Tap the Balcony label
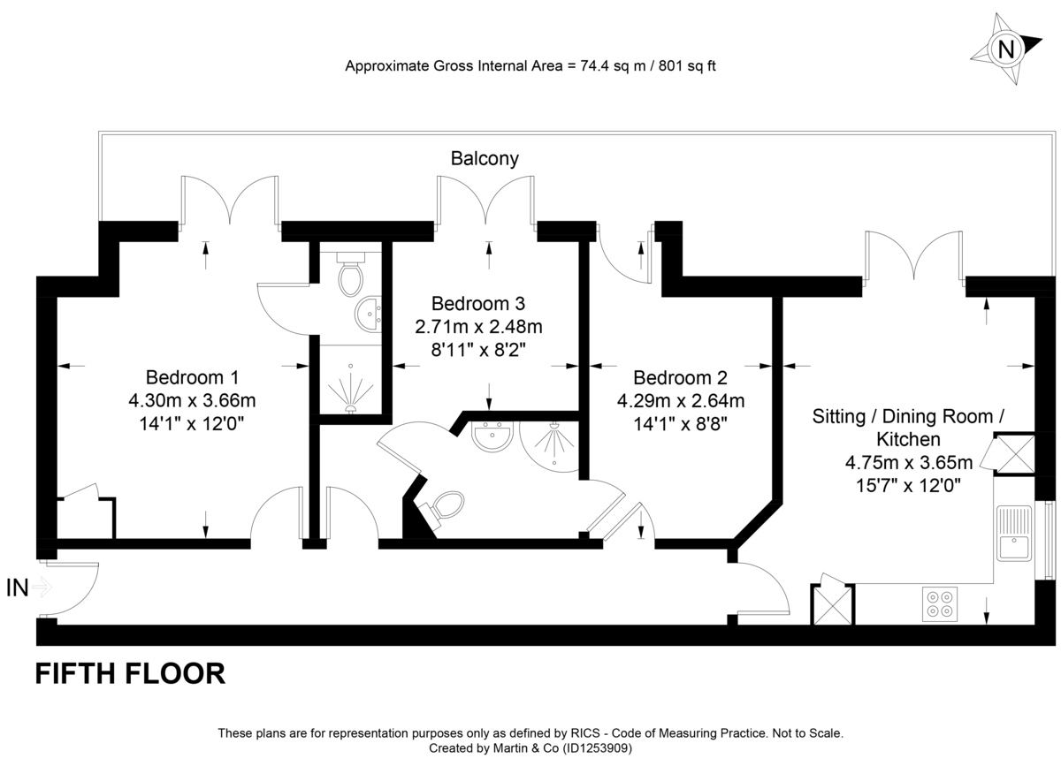[x=485, y=159]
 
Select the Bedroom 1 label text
[x=192, y=376]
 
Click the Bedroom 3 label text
[x=478, y=302]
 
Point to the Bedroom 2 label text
[x=680, y=377]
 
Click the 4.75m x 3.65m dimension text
[x=908, y=461]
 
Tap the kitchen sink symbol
[x=1013, y=534]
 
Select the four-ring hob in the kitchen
[x=939, y=603]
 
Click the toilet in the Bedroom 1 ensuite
[x=351, y=276]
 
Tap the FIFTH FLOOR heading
[x=130, y=674]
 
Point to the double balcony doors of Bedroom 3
[x=485, y=200]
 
